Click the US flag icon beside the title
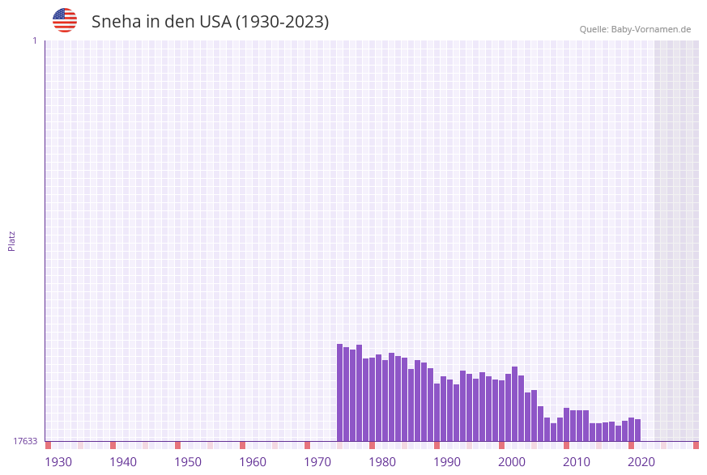point(65,20)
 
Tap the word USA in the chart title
point(215,22)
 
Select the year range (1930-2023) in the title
point(282,22)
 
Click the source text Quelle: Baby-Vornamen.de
point(635,29)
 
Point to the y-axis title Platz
point(12,240)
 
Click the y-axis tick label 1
point(34,40)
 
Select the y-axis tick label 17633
point(25,441)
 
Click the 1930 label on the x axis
point(58,462)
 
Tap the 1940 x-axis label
point(123,462)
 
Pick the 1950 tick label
point(188,462)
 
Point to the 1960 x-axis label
point(253,462)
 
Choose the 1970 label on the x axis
point(317,462)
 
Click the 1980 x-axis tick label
point(382,462)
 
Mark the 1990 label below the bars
point(447,462)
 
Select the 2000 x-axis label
point(512,462)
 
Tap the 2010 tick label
point(577,462)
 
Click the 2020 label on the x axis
point(641,462)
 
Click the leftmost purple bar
point(340,392)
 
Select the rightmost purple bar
point(638,430)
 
